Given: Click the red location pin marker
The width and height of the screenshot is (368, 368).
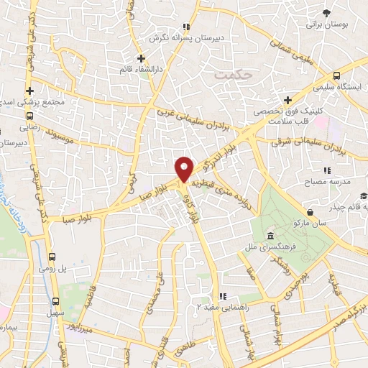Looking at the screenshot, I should pos(185,169).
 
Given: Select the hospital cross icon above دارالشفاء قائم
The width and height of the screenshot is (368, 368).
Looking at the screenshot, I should pos(142,57).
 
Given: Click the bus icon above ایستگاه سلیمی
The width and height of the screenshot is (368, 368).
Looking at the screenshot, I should pos(336,75).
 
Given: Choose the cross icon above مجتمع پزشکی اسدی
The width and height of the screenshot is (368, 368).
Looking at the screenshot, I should pos(29,91).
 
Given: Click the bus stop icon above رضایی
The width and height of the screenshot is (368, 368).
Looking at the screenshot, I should pos(30,114).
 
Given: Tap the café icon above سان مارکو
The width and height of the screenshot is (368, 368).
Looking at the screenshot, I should pos(310,213).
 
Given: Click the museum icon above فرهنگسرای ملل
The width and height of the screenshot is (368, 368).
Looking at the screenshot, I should pos(270,236).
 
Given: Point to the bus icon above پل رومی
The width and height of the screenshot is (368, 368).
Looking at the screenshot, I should pos(52,256).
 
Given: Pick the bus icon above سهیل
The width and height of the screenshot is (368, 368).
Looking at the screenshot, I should pos(55,301).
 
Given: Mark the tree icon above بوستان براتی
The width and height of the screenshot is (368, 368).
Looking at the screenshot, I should pos(326,13).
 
